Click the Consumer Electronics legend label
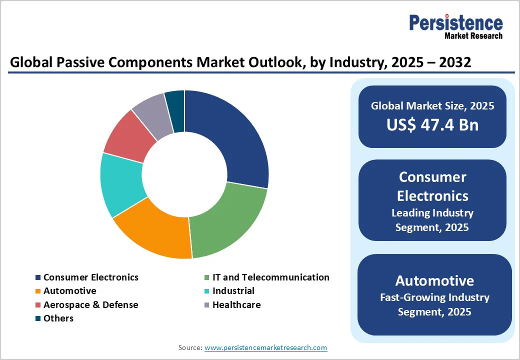point(90,277)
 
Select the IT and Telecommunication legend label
point(270,277)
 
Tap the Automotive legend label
point(69,290)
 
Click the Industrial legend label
point(233,290)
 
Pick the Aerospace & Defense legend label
point(90,304)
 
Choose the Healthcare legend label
point(236,304)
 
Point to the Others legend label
point(58,318)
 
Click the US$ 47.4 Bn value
point(432,124)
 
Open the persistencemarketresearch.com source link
point(265,347)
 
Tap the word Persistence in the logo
point(456,23)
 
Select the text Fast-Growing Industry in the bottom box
point(434,297)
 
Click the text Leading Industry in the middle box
point(432,212)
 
